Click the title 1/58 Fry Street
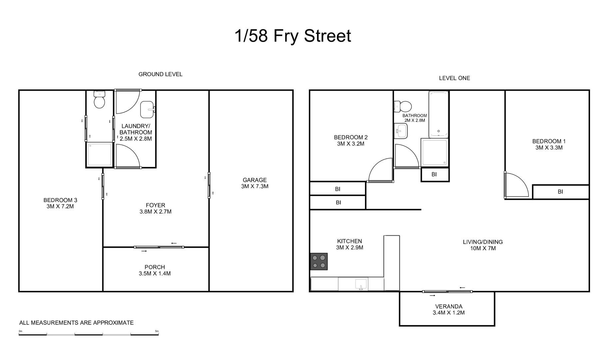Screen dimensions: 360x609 [x=293, y=36]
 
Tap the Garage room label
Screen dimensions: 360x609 [x=255, y=180]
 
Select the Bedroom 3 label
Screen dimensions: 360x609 [x=60, y=200]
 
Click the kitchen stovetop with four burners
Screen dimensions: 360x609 [x=319, y=261]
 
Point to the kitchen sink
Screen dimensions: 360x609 [x=361, y=285]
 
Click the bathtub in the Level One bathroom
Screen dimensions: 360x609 [x=438, y=114]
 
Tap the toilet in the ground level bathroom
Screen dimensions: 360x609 [x=99, y=100]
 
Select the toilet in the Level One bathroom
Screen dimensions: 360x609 [x=403, y=107]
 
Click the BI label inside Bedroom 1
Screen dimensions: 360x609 [x=560, y=192]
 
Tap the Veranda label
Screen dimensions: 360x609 [x=448, y=306]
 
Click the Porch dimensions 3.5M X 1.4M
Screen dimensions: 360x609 [x=155, y=274]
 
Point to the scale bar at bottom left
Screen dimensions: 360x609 [x=89, y=334]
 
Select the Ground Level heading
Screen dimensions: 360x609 [x=160, y=74]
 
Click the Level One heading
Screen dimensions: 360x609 [x=454, y=78]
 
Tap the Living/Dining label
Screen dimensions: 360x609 [x=483, y=242]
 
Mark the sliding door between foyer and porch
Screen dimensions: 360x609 [x=159, y=247]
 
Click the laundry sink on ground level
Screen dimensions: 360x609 [x=147, y=110]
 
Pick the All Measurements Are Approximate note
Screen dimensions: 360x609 [x=76, y=323]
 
